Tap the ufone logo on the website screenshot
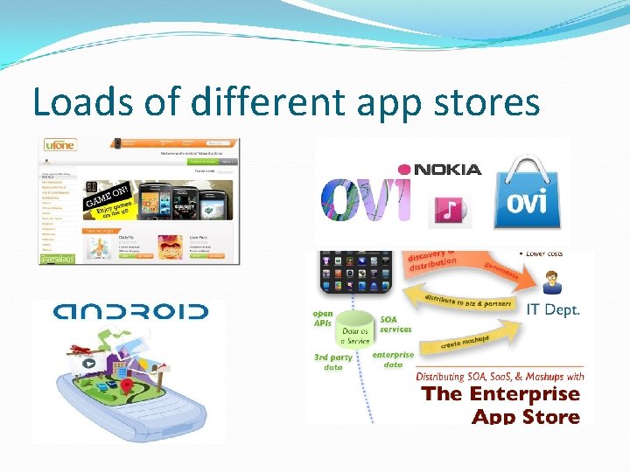[59, 145]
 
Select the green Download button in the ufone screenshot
[57, 258]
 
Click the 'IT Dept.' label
[552, 309]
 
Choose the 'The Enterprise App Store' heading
[500, 405]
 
